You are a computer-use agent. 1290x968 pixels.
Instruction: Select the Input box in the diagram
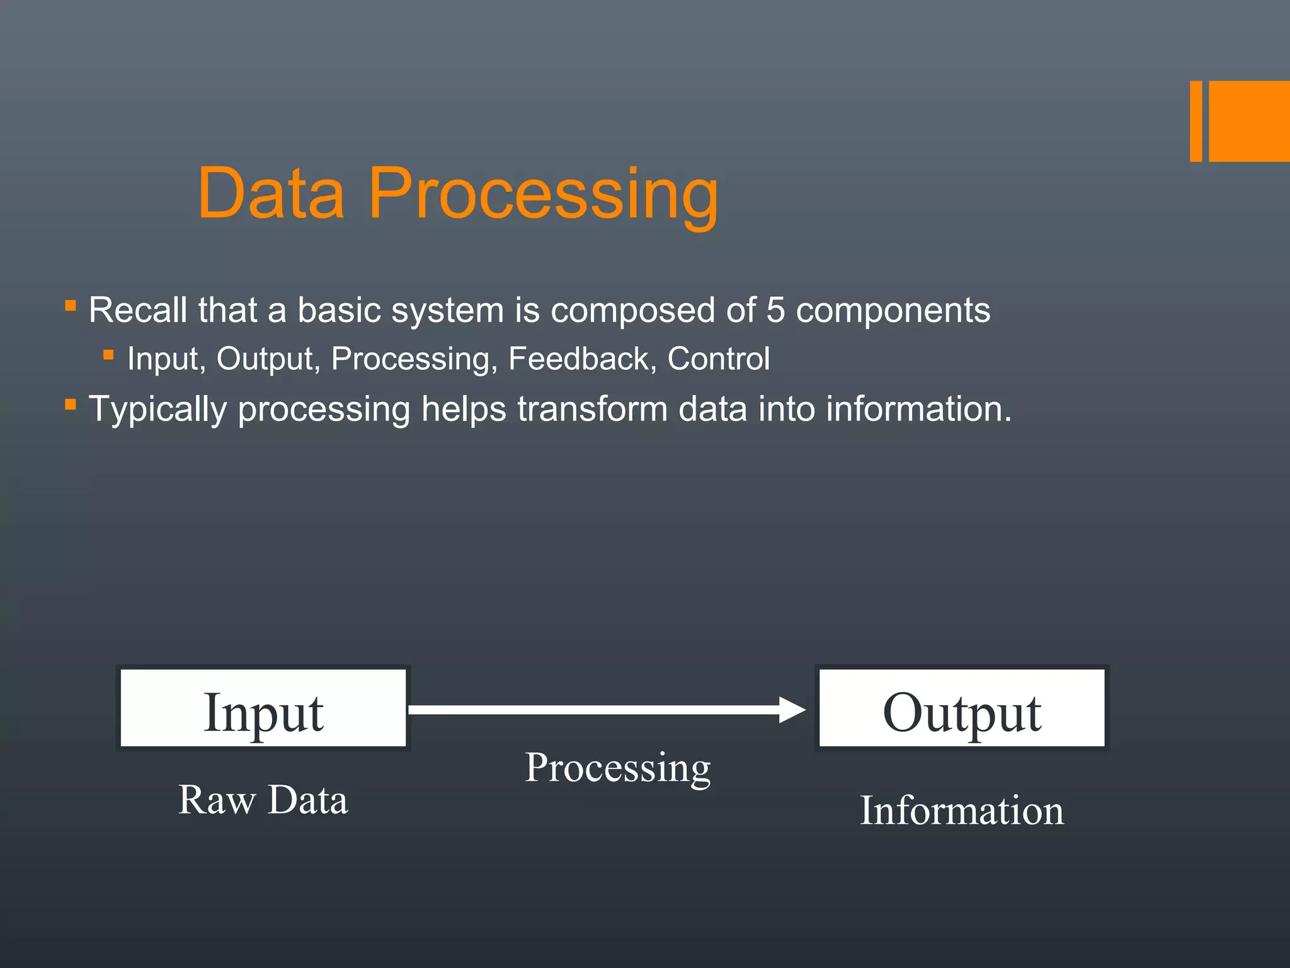click(263, 708)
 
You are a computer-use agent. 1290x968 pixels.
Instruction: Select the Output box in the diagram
click(961, 708)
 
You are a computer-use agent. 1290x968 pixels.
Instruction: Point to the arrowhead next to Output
click(792, 710)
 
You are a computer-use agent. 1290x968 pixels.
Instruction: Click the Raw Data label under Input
click(263, 800)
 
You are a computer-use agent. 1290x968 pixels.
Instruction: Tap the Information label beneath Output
click(961, 810)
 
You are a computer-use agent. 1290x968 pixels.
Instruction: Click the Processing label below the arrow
click(617, 768)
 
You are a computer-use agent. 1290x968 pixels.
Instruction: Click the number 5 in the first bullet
click(775, 310)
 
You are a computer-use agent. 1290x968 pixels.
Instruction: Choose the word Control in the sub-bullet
click(718, 359)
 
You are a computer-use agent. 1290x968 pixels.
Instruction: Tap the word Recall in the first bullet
click(137, 310)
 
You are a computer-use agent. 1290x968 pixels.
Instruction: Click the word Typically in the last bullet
click(157, 409)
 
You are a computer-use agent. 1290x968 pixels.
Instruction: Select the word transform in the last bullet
click(592, 409)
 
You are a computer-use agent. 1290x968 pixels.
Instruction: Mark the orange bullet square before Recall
click(71, 307)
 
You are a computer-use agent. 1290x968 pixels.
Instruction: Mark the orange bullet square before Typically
click(71, 405)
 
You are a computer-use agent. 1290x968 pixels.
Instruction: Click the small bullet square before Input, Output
click(108, 355)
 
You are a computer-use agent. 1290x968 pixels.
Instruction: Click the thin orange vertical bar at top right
click(1196, 121)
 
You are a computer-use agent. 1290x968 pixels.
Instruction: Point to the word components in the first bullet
click(893, 310)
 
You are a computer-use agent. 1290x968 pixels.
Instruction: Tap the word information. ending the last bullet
click(918, 409)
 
